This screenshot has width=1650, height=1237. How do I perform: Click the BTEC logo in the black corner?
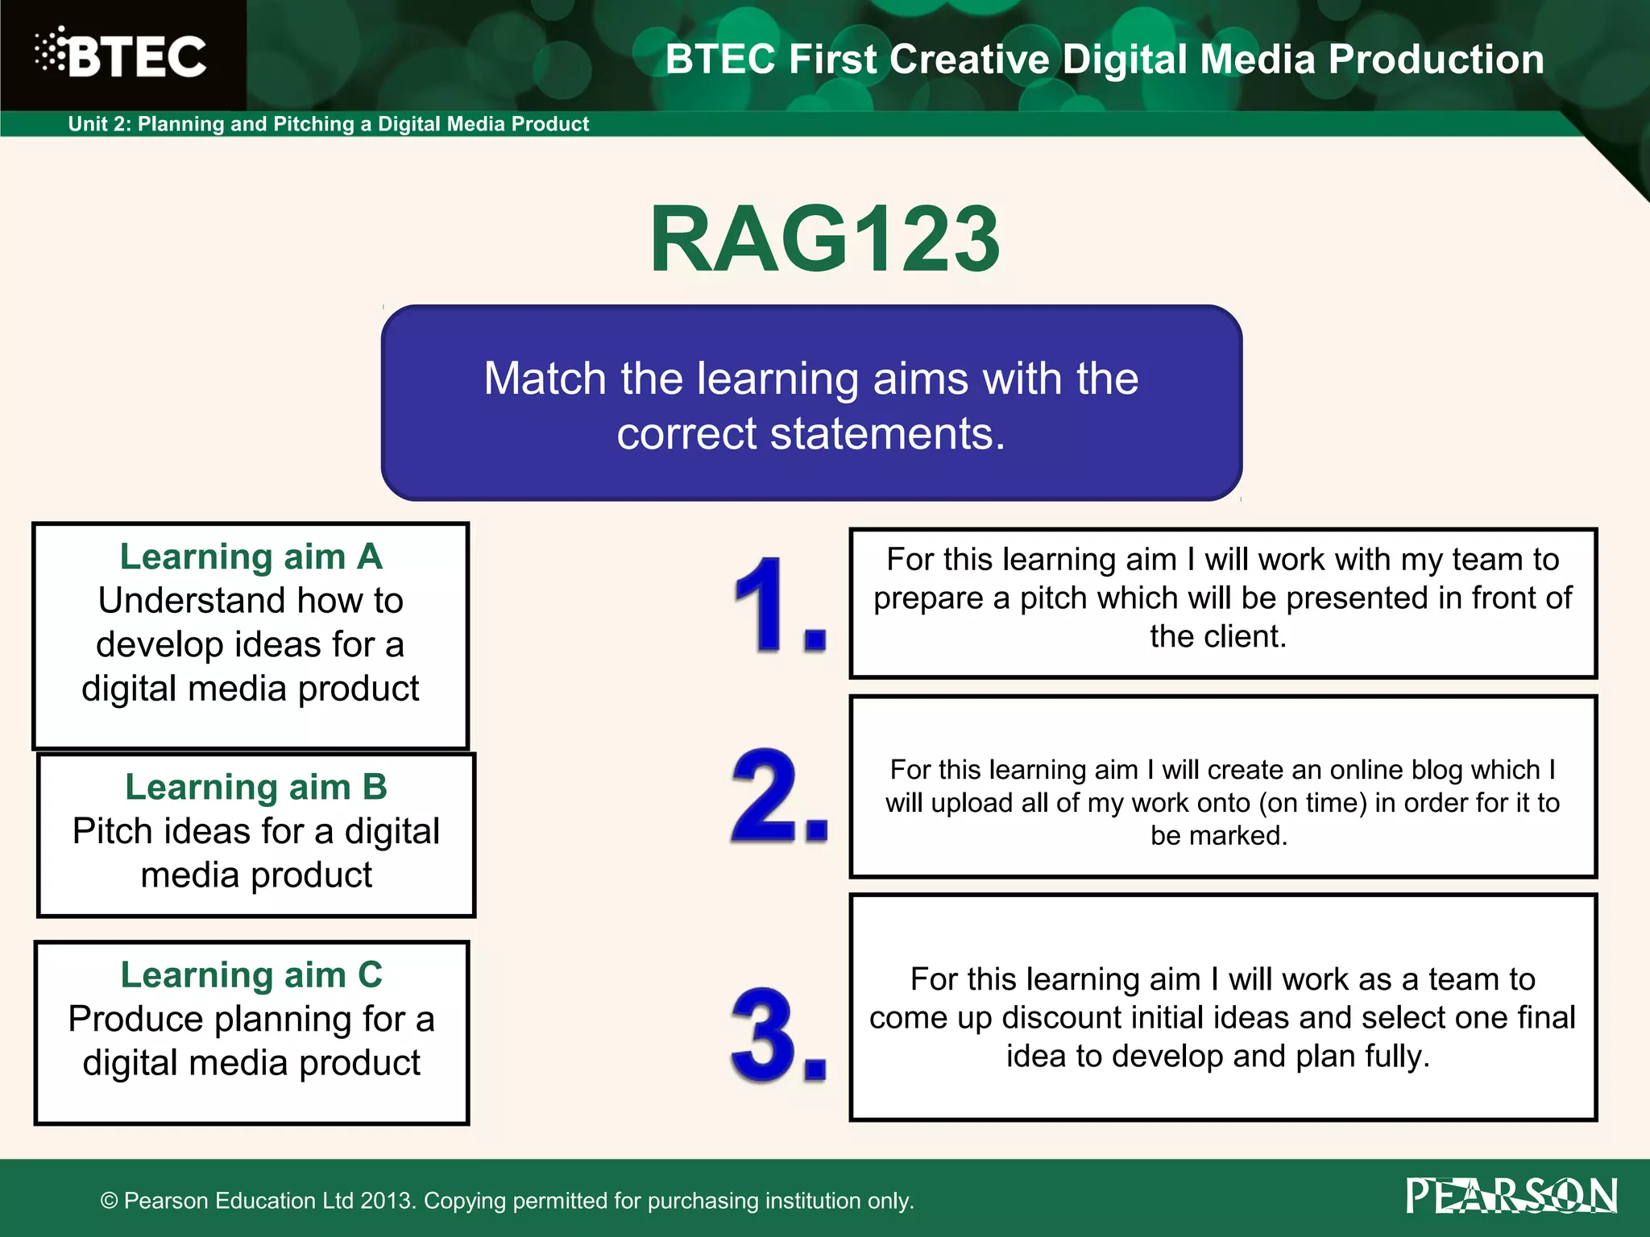pos(121,55)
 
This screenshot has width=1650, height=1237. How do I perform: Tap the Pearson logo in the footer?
pos(1511,1195)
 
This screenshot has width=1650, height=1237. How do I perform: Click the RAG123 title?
pos(824,239)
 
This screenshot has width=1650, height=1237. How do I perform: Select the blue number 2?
pos(769,796)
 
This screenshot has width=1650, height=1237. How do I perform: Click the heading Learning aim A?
pos(251,556)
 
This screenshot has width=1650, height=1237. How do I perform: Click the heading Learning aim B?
pos(256,787)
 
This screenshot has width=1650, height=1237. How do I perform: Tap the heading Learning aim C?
pos(251,974)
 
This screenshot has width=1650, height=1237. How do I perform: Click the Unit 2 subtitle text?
pos(328,124)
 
